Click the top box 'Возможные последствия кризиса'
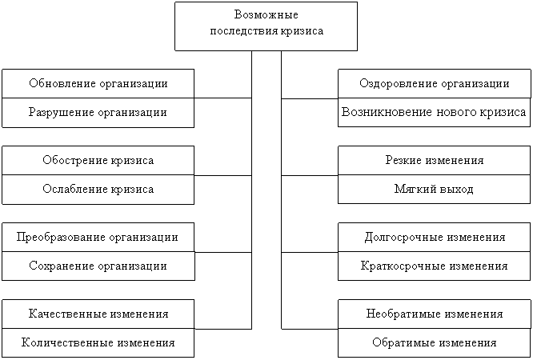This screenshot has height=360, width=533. pos(266,26)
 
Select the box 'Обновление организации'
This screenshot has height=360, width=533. pos(98,84)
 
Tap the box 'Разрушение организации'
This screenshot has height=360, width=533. pos(98,113)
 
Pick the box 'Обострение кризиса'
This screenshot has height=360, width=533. pos(98,161)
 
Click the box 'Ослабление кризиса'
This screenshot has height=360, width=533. pos(98,190)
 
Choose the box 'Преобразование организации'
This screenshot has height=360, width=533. pos(98,238)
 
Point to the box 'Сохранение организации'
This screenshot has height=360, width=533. pos(98,266)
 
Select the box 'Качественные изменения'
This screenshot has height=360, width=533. pos(98,314)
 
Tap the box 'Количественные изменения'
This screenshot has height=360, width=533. pos(98,343)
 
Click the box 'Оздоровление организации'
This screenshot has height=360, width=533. pos(434,84)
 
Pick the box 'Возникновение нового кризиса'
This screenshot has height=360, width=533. pos(434,113)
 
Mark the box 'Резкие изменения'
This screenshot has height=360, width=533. pos(434,161)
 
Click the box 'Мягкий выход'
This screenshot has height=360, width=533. pos(434,190)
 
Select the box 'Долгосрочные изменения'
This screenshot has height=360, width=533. pos(434,238)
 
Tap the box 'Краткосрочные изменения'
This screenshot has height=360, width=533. pos(434,266)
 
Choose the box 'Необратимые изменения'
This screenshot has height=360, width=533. pos(434,314)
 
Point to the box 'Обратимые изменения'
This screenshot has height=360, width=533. pos(434,343)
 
